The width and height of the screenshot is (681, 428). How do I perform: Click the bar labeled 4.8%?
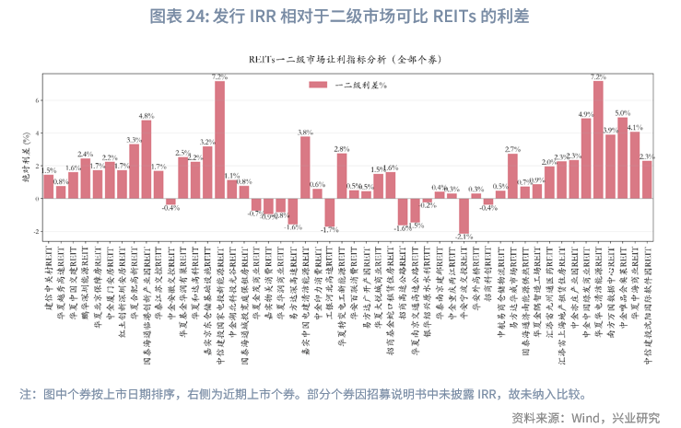pyautogui.click(x=147, y=159)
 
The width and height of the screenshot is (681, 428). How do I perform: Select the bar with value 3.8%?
pyautogui.click(x=305, y=168)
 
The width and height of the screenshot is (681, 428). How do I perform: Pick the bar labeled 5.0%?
pyautogui.click(x=623, y=157)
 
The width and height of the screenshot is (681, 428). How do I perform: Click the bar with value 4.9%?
pyautogui.click(x=586, y=158)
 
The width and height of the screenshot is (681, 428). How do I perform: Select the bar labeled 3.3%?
pyautogui.click(x=135, y=171)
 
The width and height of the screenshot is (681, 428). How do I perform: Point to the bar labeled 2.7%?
pyautogui.click(x=512, y=176)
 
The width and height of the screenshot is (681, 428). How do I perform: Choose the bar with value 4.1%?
pyautogui.click(x=635, y=165)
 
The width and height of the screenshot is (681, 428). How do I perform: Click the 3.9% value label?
pyautogui.click(x=610, y=131)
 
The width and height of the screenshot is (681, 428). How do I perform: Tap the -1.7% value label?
pyautogui.click(x=329, y=229)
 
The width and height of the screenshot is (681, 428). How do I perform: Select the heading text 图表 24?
pyautogui.click(x=179, y=17)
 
